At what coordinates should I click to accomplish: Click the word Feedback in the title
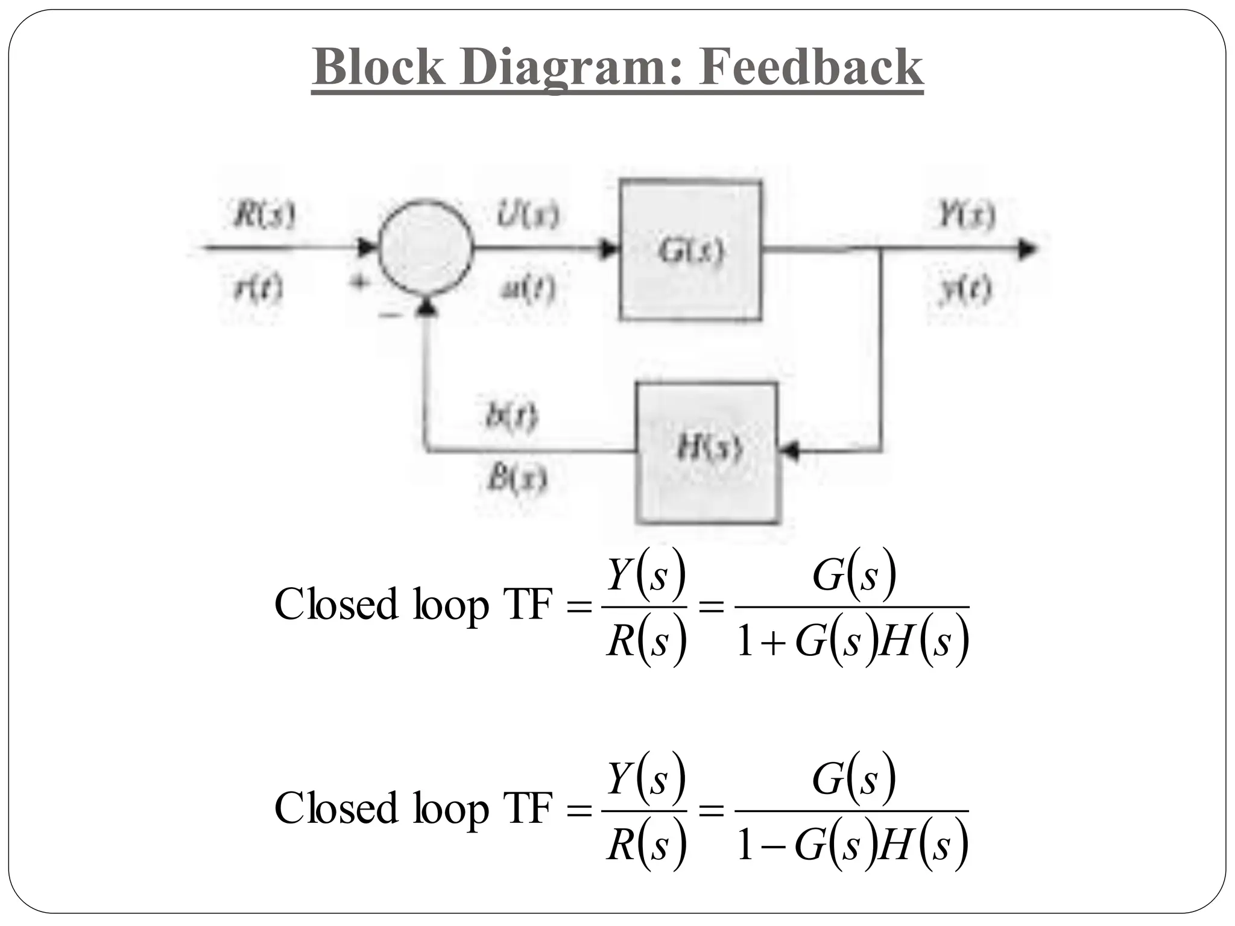coord(810,67)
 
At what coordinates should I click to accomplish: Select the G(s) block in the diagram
coord(690,250)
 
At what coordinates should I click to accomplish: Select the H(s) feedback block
coord(707,452)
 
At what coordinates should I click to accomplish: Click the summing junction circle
coord(425,247)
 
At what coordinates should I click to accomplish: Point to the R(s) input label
coord(264,215)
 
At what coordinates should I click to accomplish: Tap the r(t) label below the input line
coord(257,291)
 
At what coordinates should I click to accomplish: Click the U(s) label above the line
coord(528,215)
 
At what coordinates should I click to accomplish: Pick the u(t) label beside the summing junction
coord(528,291)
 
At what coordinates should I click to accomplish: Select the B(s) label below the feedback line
coord(516,480)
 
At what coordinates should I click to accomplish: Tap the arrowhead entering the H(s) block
coord(789,450)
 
